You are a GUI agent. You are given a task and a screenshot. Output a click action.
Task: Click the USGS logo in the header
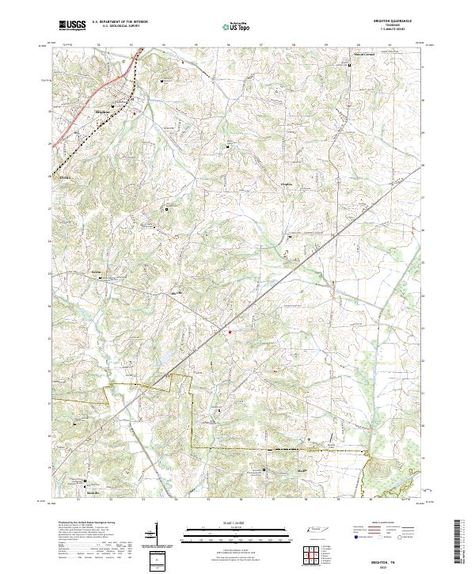click(72, 26)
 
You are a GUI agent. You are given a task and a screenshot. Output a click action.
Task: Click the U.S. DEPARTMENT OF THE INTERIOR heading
click(120, 22)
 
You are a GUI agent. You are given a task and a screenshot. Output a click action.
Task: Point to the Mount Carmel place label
click(363, 55)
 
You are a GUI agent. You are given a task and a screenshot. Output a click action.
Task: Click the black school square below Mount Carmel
click(351, 66)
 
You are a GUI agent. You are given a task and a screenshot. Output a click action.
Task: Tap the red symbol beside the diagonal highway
click(230, 332)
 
